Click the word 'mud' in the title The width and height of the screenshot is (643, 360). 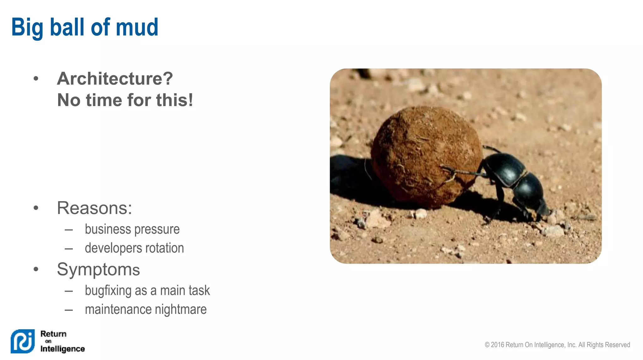[137, 27]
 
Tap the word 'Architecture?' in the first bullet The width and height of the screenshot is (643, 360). [115, 78]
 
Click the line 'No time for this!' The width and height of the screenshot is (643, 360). [125, 100]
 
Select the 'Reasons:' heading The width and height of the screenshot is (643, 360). [94, 208]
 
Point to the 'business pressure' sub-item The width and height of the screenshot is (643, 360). [132, 229]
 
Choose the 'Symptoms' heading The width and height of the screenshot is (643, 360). [98, 269]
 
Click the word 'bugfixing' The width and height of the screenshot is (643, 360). [108, 291]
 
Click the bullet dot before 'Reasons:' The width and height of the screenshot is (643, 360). [36, 208]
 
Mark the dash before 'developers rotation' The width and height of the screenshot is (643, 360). [69, 249]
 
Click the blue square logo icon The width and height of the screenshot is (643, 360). [23, 341]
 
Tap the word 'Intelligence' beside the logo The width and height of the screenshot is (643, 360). [62, 349]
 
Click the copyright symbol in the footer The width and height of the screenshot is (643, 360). [487, 345]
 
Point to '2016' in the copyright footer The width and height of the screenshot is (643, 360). [498, 345]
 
